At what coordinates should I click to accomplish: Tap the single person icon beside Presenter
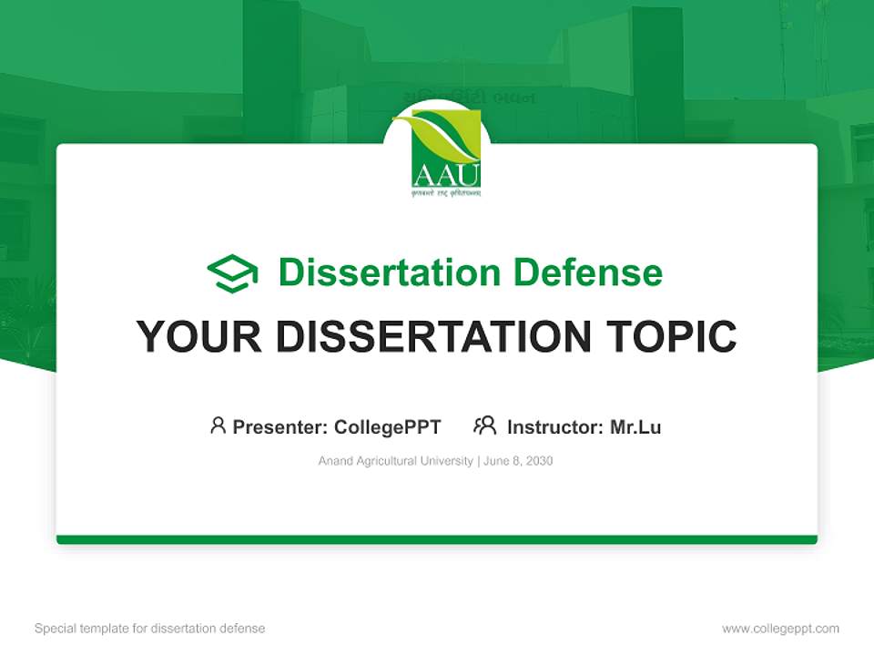[218, 425]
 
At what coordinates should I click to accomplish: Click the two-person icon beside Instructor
[484, 425]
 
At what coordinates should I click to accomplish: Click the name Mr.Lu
[635, 427]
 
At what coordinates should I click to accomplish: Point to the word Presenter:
[280, 427]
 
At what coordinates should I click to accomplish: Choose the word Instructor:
[555, 427]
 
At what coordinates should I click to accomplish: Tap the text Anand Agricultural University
[395, 461]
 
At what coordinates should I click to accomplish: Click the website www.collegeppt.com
[780, 629]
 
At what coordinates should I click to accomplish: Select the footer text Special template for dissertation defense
[150, 629]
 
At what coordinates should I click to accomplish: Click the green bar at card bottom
[437, 539]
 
